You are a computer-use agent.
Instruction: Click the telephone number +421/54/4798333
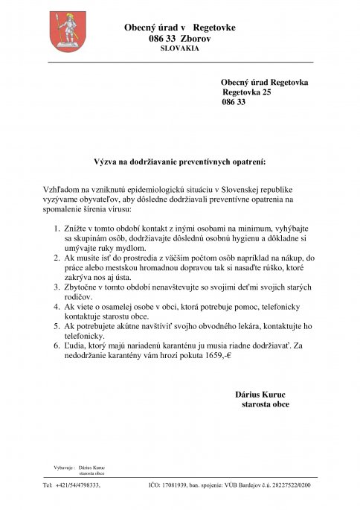81,486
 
